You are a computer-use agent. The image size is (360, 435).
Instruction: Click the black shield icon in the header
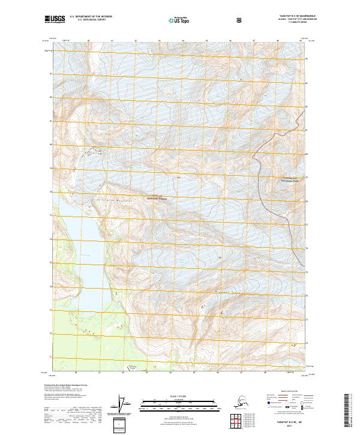click(x=239, y=20)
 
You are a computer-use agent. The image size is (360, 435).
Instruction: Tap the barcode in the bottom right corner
click(x=349, y=414)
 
